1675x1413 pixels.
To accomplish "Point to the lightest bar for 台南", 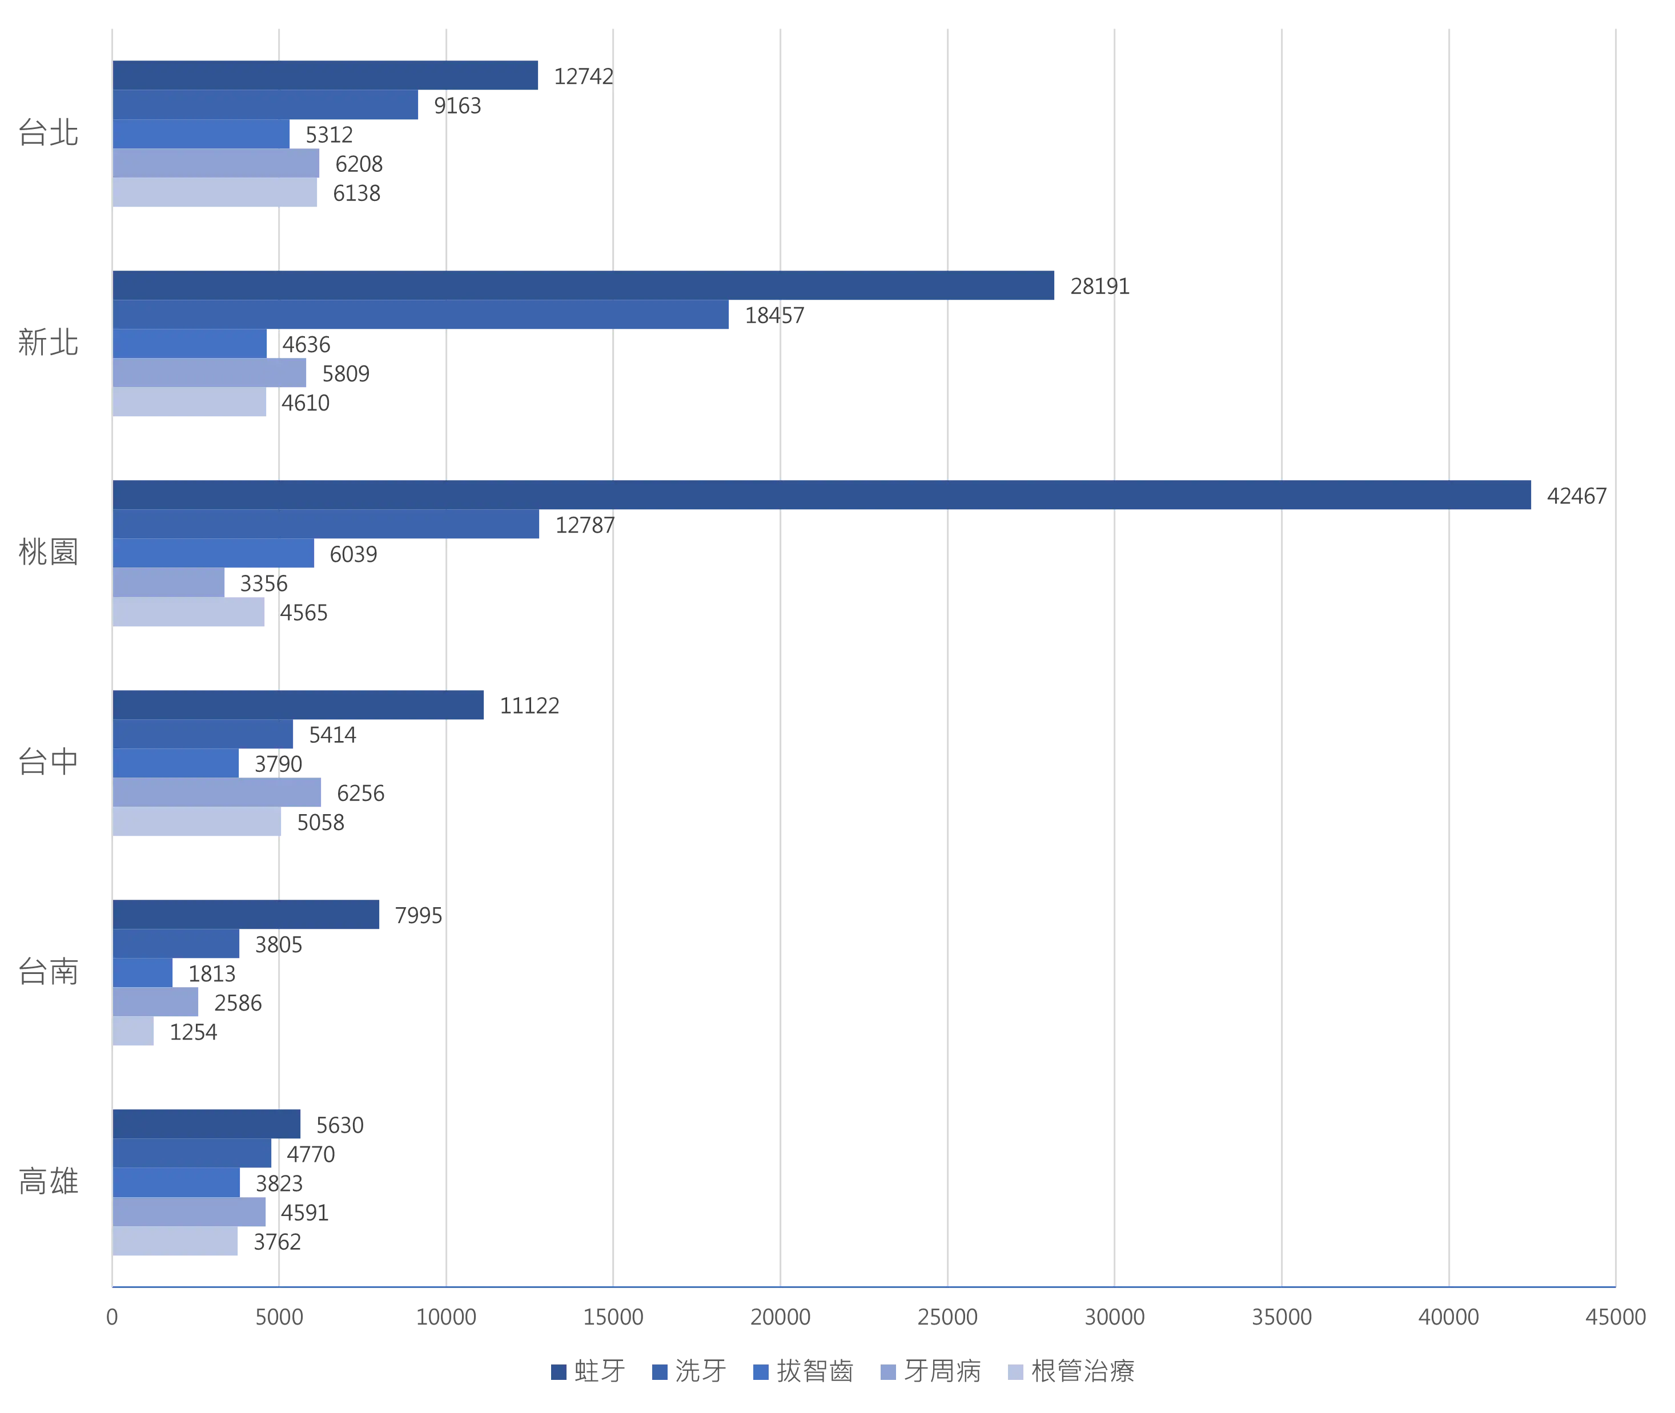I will [x=134, y=1032].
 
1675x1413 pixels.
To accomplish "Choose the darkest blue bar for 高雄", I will [x=207, y=1123].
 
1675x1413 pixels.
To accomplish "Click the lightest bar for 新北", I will [x=191, y=404].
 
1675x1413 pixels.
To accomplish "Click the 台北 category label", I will [x=48, y=132].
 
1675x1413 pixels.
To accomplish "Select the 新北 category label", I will [x=48, y=343].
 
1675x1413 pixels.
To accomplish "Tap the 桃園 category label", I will [x=48, y=552].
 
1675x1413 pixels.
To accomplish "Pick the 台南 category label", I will [x=48, y=972].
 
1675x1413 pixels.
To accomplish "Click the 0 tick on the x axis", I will [x=111, y=1318].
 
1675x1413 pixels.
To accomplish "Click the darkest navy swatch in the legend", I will [x=557, y=1372].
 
